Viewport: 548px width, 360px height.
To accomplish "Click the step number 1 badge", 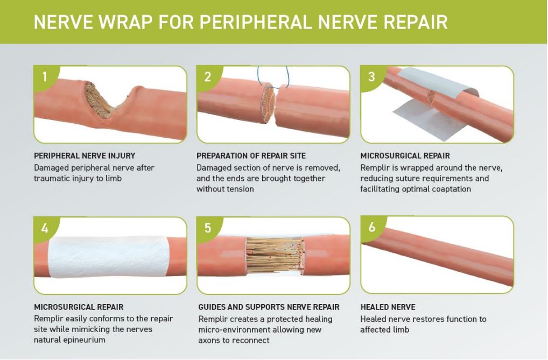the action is pyautogui.click(x=44, y=76).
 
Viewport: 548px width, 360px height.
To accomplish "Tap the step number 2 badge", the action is pyautogui.click(x=208, y=76).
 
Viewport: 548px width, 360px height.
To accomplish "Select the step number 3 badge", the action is pyautogui.click(x=371, y=76).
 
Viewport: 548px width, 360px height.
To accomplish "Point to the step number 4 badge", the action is pyautogui.click(x=44, y=228).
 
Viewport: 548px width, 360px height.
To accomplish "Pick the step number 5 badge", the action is pyautogui.click(x=208, y=228).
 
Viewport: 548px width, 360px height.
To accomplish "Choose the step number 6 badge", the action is pyautogui.click(x=371, y=227).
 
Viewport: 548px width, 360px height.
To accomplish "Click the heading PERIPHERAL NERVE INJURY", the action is pyautogui.click(x=85, y=156).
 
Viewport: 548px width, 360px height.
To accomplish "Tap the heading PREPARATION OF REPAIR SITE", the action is pyautogui.click(x=251, y=156).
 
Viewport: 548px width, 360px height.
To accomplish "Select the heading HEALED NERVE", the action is pyautogui.click(x=388, y=307).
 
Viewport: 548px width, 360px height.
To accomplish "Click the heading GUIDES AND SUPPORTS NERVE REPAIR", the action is pyautogui.click(x=269, y=307).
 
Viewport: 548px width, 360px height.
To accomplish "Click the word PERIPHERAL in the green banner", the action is pyautogui.click(x=256, y=23).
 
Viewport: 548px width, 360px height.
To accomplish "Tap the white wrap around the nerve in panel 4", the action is pyautogui.click(x=109, y=257).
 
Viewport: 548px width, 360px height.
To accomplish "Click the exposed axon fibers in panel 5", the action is pyautogui.click(x=275, y=256).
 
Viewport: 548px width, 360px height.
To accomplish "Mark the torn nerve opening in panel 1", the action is pyautogui.click(x=101, y=103).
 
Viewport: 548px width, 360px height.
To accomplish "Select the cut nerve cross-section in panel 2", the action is pyautogui.click(x=268, y=103).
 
